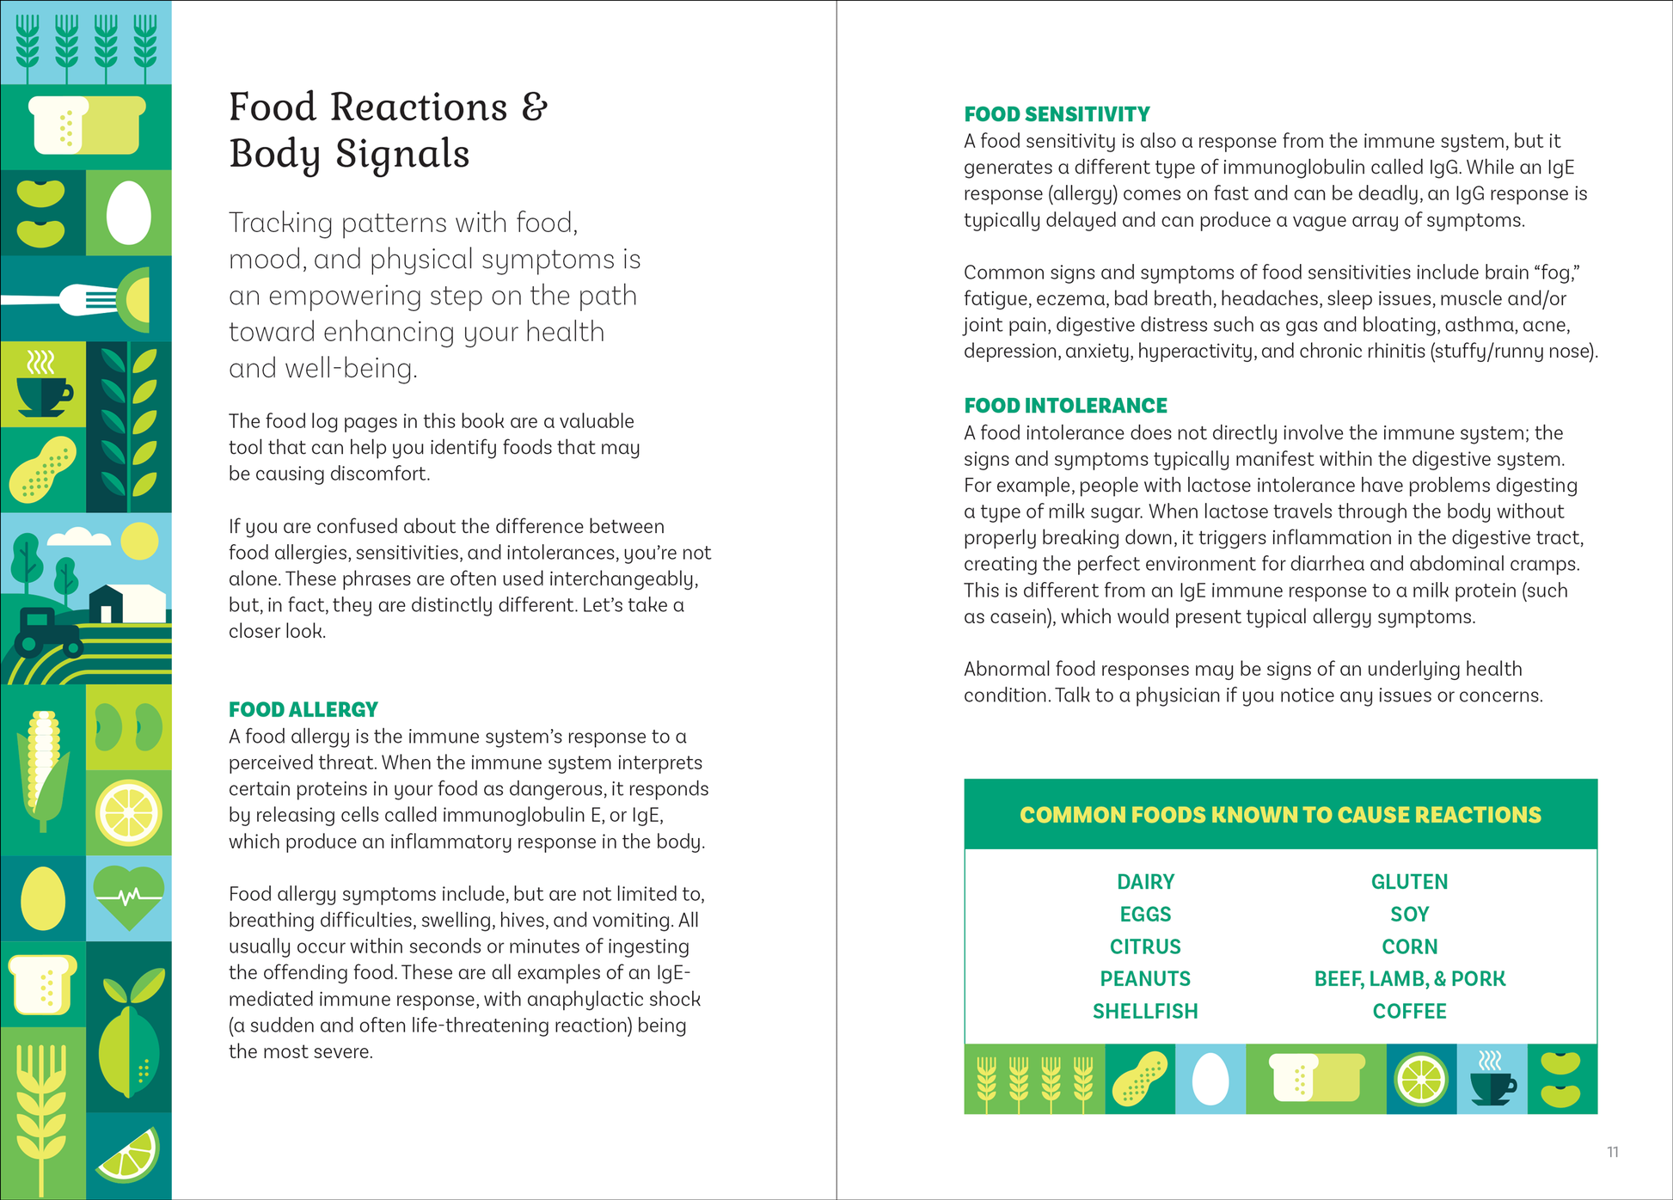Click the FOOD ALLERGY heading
tap(303, 709)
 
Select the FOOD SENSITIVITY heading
tap(1057, 114)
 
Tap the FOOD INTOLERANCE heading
tap(1065, 406)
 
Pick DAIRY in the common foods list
tap(1145, 882)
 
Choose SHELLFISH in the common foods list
tap(1145, 1012)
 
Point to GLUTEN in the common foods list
tap(1409, 882)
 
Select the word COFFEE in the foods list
tap(1409, 1012)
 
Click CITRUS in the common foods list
tap(1145, 946)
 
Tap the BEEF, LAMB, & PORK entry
tap(1409, 979)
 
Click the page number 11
tap(1613, 1152)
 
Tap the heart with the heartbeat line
tap(129, 897)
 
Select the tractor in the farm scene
tap(43, 632)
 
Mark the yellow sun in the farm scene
tap(139, 542)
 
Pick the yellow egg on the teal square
tap(42, 898)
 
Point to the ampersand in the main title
tap(534, 107)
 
